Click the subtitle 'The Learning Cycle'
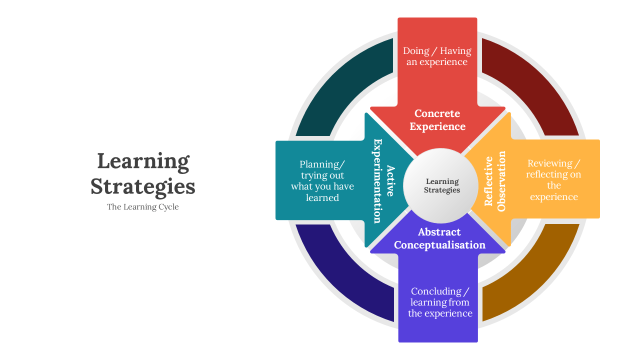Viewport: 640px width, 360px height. click(142, 207)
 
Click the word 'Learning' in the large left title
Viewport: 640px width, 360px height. click(143, 161)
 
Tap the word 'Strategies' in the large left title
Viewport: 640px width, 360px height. click(143, 186)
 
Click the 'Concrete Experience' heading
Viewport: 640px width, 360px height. click(437, 120)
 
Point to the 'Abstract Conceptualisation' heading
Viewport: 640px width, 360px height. click(439, 238)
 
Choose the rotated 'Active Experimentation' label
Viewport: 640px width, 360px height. click(384, 180)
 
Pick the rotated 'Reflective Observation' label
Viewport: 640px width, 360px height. click(495, 180)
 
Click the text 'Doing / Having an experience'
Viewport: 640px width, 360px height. click(437, 56)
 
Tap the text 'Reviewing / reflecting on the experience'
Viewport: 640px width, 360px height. click(553, 180)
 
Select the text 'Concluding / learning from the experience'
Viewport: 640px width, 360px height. click(440, 302)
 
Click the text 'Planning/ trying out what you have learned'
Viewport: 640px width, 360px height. click(322, 181)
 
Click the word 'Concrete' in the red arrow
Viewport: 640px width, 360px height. click(437, 113)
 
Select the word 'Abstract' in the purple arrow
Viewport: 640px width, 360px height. click(439, 232)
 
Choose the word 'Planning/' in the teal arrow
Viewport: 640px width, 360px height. click(322, 164)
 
